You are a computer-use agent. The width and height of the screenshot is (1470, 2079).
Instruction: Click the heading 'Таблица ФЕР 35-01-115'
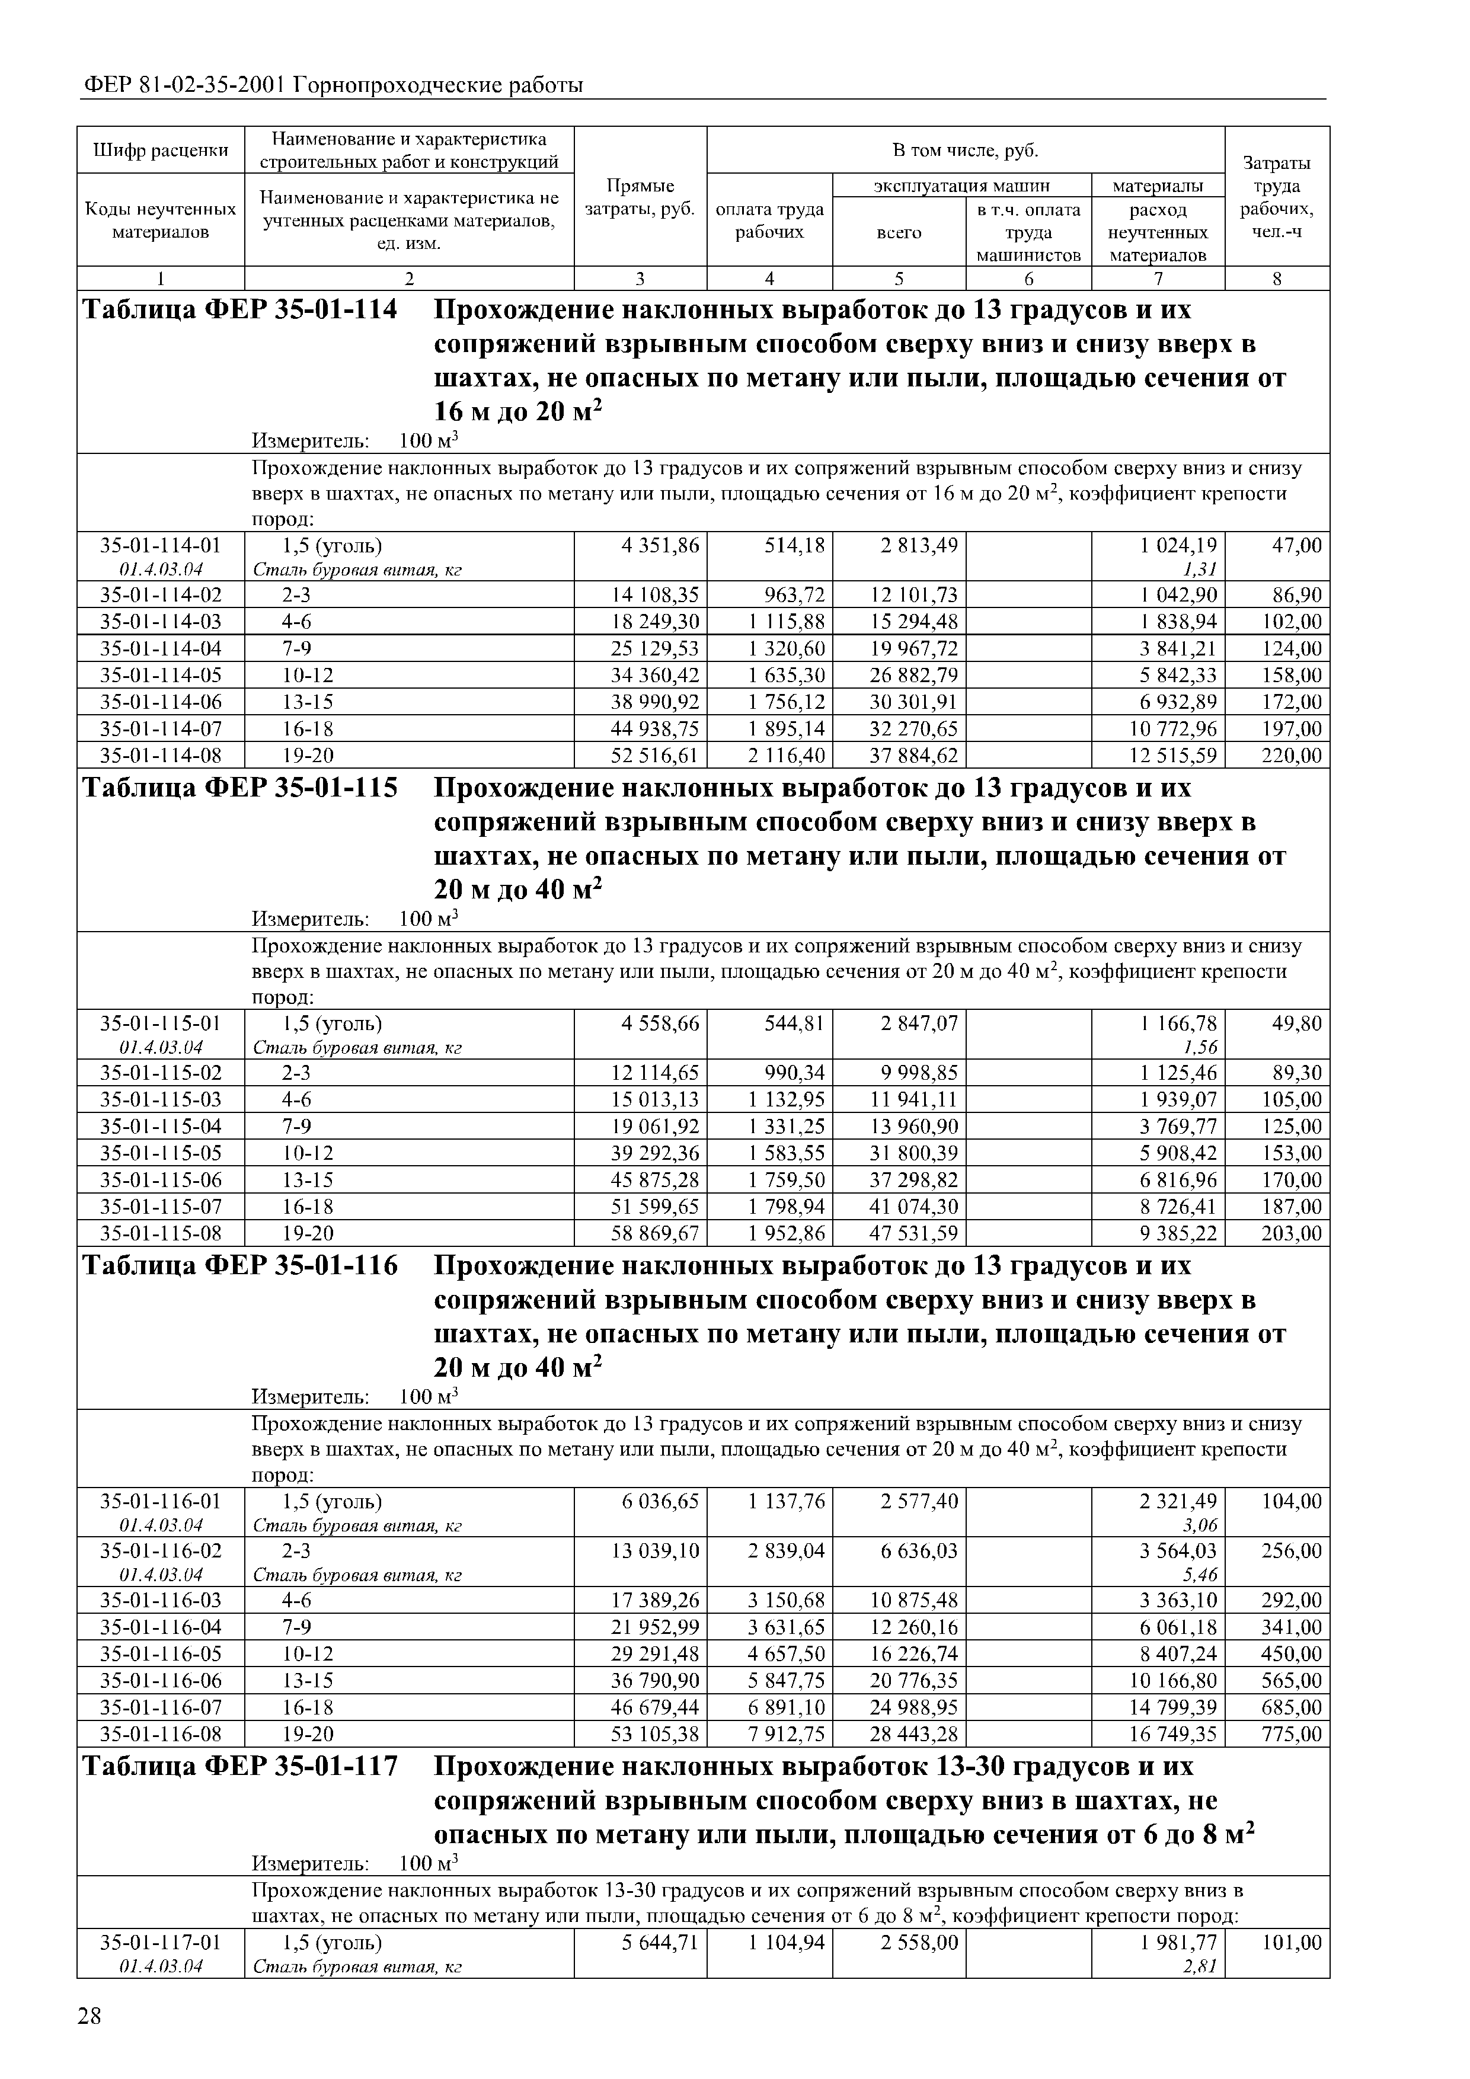coord(240,789)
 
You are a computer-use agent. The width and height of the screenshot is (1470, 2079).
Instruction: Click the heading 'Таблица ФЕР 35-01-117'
coord(240,1767)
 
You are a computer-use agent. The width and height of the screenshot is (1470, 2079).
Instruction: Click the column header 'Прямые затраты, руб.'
coord(640,197)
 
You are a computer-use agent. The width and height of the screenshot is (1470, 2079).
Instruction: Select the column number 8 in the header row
coord(1277,280)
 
